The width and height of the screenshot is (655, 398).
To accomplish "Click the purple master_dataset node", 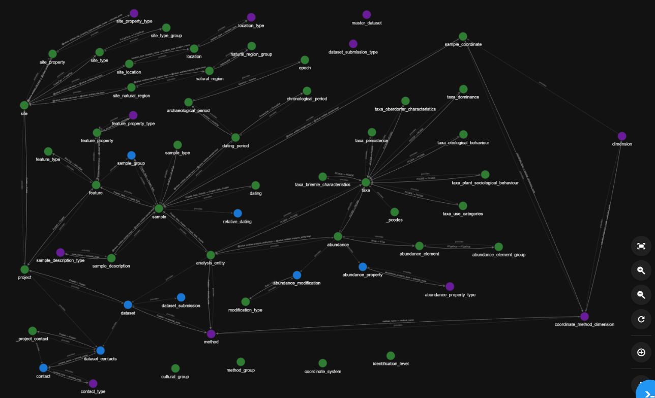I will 367,15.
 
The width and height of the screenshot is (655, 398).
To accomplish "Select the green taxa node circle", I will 366,182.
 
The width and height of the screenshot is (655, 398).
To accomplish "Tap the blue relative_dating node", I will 237,213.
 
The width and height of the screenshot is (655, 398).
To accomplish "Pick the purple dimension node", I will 622,136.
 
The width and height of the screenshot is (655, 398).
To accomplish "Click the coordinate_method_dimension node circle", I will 584,317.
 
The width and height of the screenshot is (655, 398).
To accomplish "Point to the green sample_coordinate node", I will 463,37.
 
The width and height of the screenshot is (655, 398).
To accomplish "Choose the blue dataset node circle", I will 128,305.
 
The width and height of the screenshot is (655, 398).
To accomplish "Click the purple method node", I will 211,334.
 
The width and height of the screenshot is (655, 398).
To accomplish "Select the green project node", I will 24,269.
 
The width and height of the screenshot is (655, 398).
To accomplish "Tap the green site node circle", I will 24,105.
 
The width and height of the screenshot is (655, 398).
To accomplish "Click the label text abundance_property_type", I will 450,295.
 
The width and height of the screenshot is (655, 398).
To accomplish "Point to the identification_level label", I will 391,364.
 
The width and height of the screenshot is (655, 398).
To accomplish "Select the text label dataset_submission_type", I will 353,52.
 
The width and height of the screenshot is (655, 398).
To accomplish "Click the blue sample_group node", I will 131,156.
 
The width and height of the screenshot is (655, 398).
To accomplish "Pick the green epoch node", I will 305,60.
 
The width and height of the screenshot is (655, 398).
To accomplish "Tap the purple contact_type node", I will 93,384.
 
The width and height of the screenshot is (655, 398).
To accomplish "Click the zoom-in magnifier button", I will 641,270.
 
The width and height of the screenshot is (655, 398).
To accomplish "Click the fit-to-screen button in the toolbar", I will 641,246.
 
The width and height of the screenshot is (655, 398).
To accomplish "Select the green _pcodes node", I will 394,212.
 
